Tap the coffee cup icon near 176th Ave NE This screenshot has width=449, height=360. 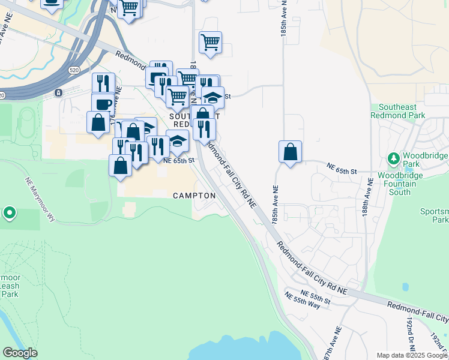103,104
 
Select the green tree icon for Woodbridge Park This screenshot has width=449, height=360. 394,159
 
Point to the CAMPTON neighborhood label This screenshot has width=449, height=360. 194,196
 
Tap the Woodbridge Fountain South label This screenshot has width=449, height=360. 394,184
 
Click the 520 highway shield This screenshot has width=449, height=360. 74,70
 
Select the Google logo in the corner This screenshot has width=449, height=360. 20,353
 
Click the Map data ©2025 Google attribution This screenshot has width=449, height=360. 412,355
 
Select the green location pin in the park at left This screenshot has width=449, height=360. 9,212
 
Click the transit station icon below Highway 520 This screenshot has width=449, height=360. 59,92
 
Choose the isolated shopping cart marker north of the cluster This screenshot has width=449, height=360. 210,43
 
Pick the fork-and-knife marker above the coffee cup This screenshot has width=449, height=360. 103,83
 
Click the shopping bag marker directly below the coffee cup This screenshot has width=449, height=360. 98,122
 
